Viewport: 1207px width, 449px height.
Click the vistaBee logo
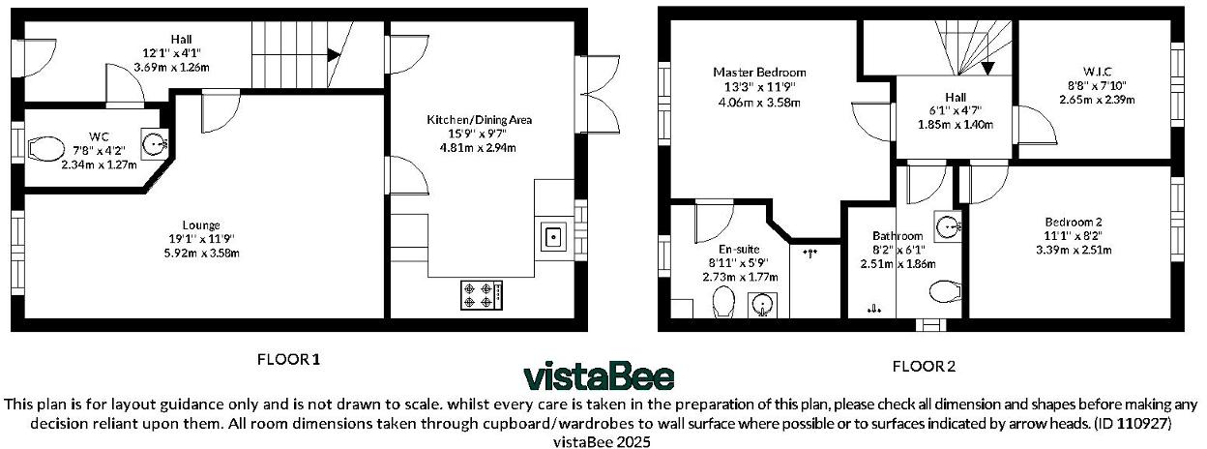(x=599, y=375)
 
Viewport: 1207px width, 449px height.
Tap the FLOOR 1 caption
(x=288, y=359)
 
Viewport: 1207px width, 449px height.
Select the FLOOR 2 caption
(x=924, y=366)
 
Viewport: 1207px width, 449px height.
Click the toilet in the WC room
(x=44, y=149)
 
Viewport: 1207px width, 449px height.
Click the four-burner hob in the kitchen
(x=481, y=294)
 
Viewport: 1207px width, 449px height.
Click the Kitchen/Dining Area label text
(x=481, y=120)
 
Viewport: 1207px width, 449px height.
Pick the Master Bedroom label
(x=759, y=73)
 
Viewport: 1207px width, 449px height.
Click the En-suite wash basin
(x=763, y=305)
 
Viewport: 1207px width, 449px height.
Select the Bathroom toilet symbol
(x=943, y=291)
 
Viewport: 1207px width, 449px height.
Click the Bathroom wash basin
(x=947, y=228)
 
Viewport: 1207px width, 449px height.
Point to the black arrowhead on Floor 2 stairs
(x=987, y=68)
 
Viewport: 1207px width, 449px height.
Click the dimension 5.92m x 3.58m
(x=200, y=253)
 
